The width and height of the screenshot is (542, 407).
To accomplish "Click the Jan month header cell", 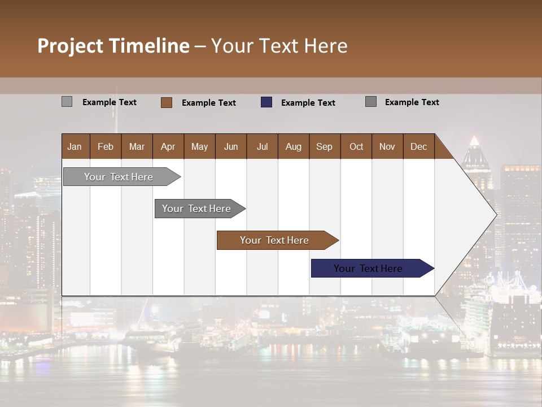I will coord(75,146).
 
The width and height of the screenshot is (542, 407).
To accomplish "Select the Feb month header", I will coord(106,146).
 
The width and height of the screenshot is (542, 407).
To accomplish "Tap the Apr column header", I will coord(168,146).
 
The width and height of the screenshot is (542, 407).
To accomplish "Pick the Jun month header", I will coord(231,146).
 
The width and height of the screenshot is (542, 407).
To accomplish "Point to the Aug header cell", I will coord(293,146).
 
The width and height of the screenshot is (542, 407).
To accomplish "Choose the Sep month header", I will coord(324,146).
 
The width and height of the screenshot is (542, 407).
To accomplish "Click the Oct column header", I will coord(356,146).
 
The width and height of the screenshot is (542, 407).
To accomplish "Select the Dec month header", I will coord(418,146).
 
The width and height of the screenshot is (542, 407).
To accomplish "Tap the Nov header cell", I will coord(387,146).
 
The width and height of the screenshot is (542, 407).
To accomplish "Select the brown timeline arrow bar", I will coord(276,240).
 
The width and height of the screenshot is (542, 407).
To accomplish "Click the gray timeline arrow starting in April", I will coord(198,209).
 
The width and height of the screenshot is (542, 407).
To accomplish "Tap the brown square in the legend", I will coord(167,102).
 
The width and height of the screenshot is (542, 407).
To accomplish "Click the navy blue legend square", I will coord(266,102).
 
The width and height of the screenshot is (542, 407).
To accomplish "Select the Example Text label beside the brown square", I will coord(208,103).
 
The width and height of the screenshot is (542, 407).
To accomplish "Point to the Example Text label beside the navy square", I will coord(308,103).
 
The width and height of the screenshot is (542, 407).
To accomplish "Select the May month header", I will coord(199,146).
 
